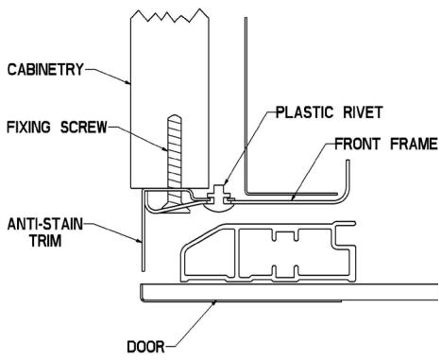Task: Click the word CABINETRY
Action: [x=44, y=68]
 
